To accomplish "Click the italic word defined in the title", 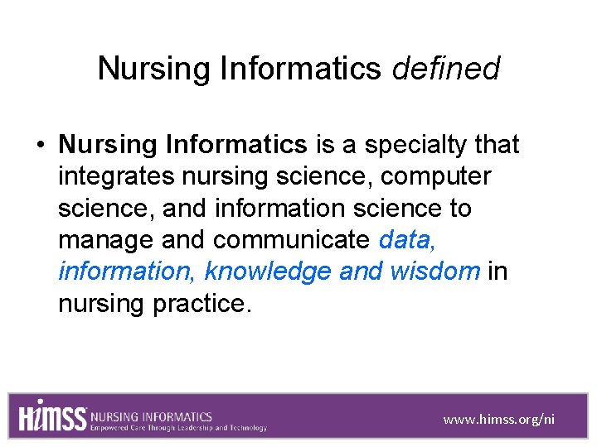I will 446,69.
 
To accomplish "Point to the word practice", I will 201,304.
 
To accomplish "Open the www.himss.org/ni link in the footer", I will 499,419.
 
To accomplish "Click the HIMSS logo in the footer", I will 52,416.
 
